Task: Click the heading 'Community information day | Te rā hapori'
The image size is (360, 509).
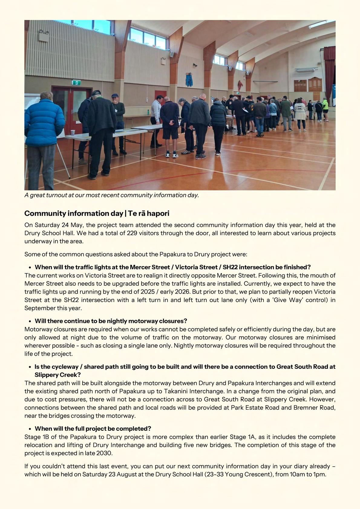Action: pos(97,213)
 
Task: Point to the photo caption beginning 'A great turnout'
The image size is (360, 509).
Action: pos(112,195)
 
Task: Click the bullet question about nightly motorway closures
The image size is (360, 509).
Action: pos(111,321)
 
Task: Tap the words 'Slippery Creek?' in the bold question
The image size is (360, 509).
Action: pos(57,375)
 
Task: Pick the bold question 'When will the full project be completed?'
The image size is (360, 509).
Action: pos(93,429)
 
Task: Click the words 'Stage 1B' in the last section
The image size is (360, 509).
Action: pos(35,437)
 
